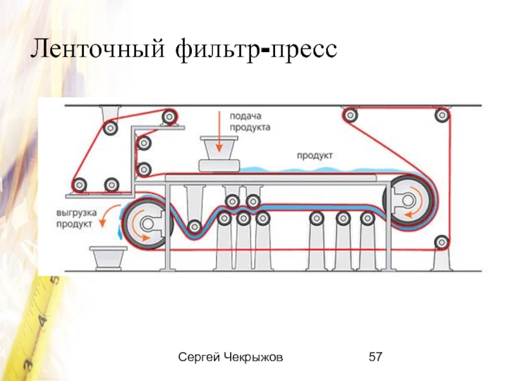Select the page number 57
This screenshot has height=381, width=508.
pyautogui.click(x=375, y=359)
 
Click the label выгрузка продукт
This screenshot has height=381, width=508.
pyautogui.click(x=75, y=218)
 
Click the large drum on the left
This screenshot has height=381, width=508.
pyautogui.click(x=146, y=224)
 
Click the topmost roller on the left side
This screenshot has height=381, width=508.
pyautogui.click(x=169, y=117)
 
